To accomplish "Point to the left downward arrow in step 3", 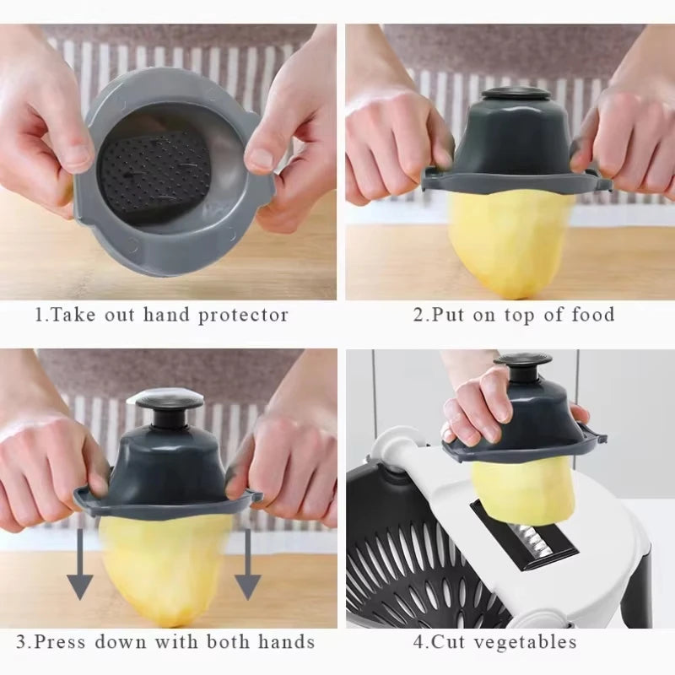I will click(80, 566).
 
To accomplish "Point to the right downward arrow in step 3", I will click(247, 566).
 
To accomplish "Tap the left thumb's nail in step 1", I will click(78, 155).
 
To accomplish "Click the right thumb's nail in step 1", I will click(259, 159).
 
